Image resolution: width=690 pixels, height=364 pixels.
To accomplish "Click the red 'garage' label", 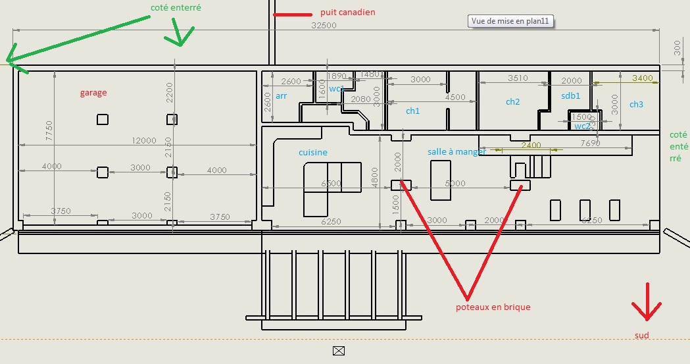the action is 93,93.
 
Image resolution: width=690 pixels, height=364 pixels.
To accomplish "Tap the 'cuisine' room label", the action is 313,153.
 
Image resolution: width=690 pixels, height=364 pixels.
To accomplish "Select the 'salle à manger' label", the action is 456,152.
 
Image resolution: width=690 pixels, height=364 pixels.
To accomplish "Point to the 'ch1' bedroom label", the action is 412,111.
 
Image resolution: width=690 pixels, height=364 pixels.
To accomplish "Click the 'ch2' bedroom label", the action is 512,102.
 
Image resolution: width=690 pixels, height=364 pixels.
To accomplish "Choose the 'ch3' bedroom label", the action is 636,105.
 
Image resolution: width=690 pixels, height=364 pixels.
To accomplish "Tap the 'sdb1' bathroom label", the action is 570,96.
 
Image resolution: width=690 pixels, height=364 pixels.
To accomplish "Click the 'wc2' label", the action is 582,126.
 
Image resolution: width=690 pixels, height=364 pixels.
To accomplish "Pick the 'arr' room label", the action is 282,96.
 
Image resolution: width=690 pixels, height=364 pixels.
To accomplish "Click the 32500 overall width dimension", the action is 324,26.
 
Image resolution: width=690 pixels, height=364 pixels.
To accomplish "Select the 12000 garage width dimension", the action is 144,141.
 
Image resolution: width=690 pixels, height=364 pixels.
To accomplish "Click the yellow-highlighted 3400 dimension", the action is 642,78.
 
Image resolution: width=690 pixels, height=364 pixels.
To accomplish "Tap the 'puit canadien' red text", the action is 347,13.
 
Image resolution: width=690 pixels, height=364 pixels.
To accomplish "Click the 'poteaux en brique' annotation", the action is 493,307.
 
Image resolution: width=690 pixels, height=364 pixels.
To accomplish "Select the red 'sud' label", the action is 642,336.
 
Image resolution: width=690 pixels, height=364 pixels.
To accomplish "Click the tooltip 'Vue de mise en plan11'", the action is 510,21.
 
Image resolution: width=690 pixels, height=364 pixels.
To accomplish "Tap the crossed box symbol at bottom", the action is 339,350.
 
